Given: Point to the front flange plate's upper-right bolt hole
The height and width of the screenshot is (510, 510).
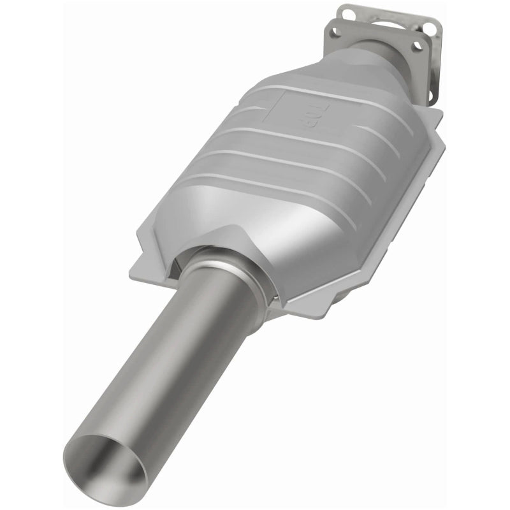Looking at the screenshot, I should click(418, 45).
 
